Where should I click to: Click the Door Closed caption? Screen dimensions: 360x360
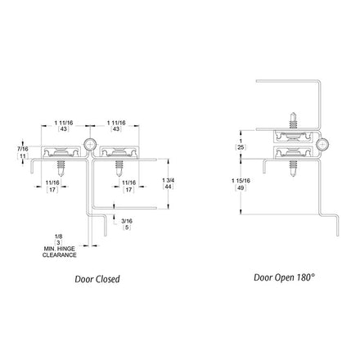97,279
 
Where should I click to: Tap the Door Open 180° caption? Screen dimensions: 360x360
285,277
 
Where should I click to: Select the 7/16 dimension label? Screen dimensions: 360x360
22,149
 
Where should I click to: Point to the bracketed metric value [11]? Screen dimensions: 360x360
23,156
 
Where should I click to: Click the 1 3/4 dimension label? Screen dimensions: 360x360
168,180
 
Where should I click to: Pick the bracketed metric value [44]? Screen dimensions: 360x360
168,187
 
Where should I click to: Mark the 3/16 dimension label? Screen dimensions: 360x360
127,221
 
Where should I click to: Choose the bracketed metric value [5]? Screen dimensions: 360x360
127,227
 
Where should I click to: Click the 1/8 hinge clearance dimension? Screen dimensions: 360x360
59,236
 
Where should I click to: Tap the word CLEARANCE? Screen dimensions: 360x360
60,255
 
